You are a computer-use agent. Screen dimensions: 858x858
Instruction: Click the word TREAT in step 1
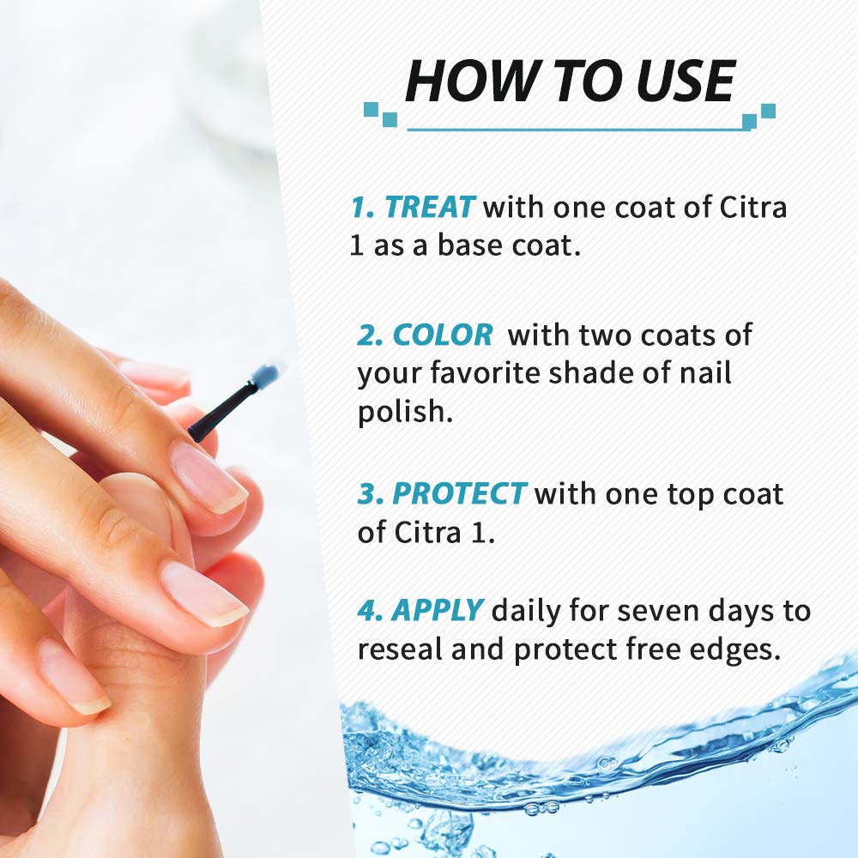point(430,208)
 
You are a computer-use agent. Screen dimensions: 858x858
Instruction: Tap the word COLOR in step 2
point(443,335)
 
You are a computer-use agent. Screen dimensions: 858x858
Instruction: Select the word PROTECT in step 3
point(459,493)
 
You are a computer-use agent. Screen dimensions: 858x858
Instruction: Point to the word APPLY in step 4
point(438,611)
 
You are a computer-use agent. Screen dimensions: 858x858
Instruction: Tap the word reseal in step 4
point(400,649)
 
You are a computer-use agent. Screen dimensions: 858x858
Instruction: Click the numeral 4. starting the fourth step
point(370,611)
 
